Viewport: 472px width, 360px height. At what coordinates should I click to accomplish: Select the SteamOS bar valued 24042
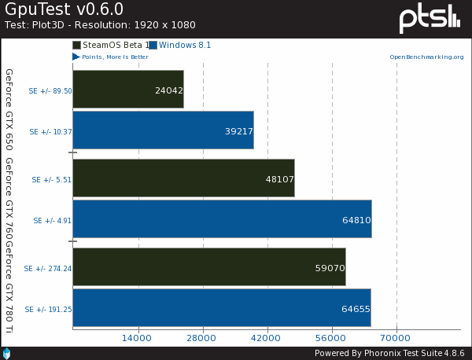(127, 90)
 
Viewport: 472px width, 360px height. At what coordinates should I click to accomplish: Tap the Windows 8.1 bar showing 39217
(163, 131)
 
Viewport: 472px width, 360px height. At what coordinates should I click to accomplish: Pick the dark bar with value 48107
(183, 178)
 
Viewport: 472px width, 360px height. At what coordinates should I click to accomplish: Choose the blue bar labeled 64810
(222, 220)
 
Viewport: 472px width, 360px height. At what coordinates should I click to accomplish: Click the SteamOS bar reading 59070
(208, 267)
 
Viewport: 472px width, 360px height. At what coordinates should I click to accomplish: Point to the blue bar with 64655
(221, 309)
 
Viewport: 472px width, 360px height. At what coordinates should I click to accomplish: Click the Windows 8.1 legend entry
(184, 46)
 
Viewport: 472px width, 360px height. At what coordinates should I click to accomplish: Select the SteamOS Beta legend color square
(76, 46)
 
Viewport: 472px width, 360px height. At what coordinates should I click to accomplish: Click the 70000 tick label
(396, 338)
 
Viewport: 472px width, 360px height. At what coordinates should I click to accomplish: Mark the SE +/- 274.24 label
(48, 268)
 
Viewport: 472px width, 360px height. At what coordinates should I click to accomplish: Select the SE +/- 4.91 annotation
(52, 221)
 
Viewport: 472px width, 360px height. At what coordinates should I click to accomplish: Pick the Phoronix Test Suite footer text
(389, 352)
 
